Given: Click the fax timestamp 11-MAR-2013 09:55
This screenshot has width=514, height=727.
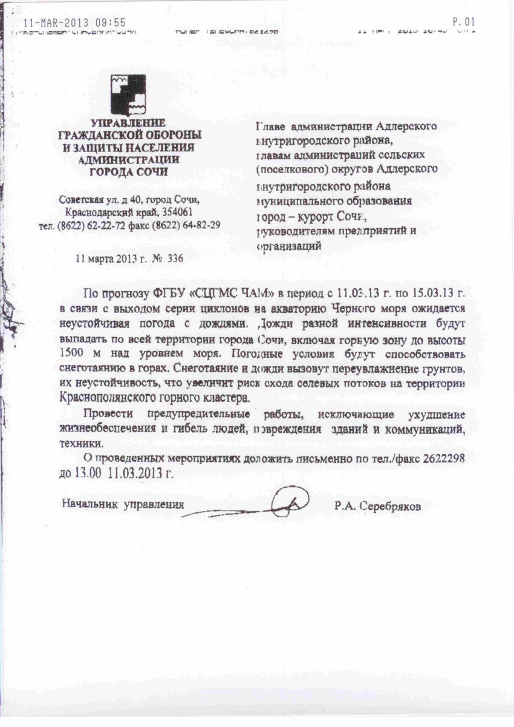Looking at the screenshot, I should pyautogui.click(x=74, y=23).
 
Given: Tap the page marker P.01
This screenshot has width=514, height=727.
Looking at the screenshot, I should pyautogui.click(x=467, y=22).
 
